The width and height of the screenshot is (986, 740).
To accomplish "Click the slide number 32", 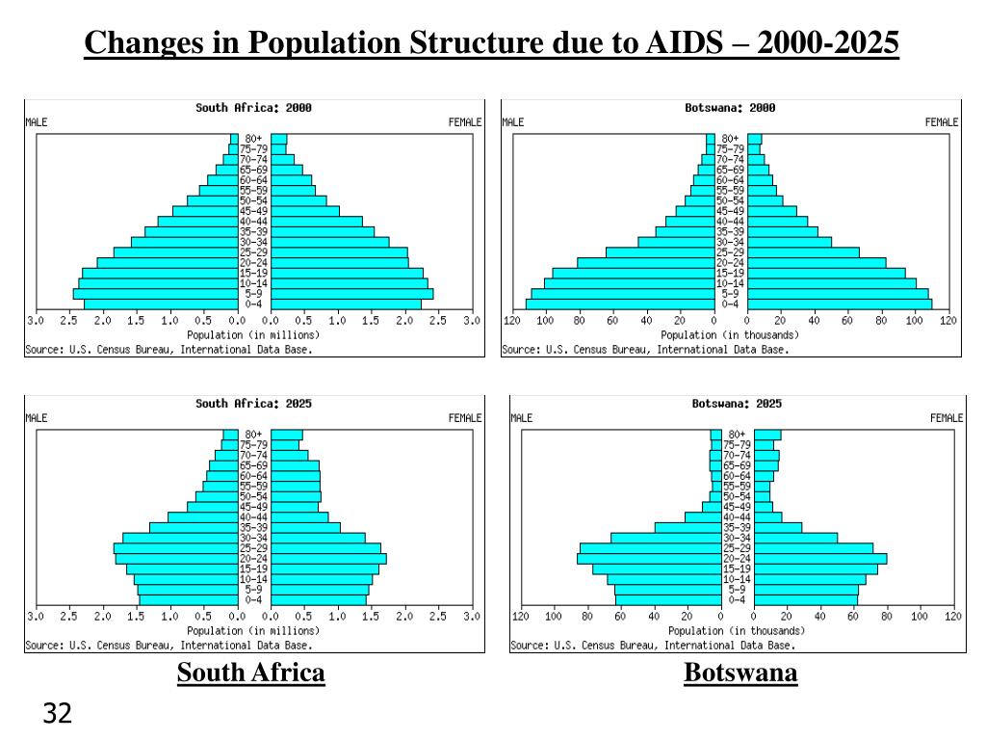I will click(x=58, y=714).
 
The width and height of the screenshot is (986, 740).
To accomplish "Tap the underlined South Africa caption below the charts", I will click(x=250, y=673).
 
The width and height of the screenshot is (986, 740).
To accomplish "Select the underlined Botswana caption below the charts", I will click(x=740, y=673).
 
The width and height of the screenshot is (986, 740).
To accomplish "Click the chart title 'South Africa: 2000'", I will click(x=253, y=108).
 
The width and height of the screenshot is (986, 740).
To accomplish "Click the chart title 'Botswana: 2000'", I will click(x=730, y=108).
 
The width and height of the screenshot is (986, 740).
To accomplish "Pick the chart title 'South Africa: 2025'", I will click(x=253, y=404).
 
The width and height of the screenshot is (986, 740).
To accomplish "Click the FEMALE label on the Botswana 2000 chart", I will click(x=942, y=122).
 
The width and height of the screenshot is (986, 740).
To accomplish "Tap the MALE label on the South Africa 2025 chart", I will click(x=36, y=418).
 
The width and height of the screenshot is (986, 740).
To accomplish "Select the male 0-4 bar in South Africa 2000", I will click(x=161, y=304).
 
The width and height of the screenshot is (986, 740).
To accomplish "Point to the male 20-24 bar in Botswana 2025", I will click(x=649, y=558).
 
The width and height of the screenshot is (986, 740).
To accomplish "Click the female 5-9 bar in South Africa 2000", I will click(x=351, y=294).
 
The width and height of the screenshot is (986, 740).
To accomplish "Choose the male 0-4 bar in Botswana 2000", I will click(x=620, y=304).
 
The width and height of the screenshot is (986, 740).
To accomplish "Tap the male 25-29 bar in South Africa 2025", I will click(x=175, y=548).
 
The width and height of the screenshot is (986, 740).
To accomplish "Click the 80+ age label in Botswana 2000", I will click(x=730, y=139).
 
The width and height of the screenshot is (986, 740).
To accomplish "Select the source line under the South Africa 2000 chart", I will click(x=169, y=350).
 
